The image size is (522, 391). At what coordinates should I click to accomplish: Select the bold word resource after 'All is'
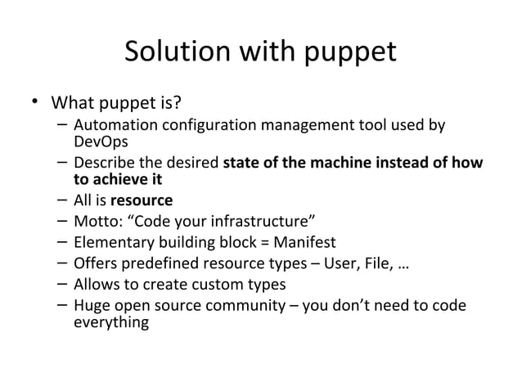[142, 200]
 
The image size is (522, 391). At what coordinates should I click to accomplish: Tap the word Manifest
[307, 242]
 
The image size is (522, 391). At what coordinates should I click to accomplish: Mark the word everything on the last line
[111, 322]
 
